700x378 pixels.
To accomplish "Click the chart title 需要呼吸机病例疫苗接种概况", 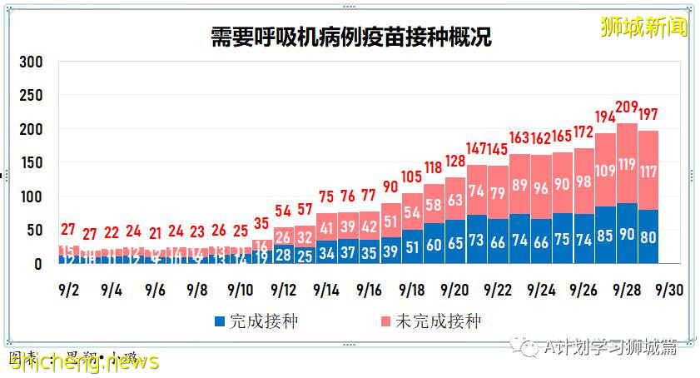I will [350, 37].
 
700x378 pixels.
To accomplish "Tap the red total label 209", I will [627, 107].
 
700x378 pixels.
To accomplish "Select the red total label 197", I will [648, 114].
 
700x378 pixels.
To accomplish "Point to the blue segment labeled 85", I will [606, 236].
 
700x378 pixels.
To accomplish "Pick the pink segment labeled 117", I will [648, 172].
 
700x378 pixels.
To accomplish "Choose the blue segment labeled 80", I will [648, 237].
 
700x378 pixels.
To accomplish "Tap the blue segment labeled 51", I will [412, 247].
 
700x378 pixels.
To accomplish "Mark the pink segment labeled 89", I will [520, 184].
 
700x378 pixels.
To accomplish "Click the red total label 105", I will [412, 177].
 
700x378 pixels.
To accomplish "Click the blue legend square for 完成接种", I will [220, 321].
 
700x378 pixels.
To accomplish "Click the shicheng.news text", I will [83, 361].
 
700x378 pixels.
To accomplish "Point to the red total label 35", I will [261, 223].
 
